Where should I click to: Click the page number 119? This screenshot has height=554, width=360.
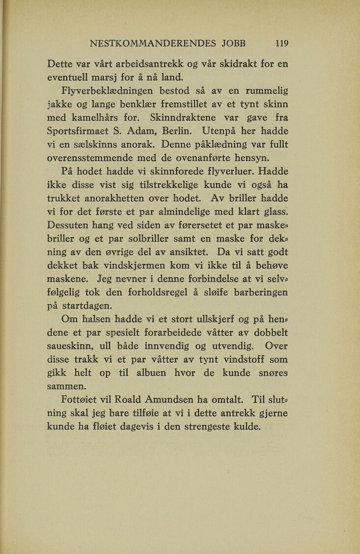pos(281,43)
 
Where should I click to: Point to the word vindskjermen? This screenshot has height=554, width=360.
pos(139,266)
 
